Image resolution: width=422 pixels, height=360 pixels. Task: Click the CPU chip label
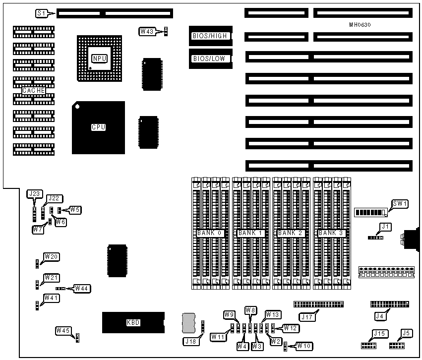pos(98,127)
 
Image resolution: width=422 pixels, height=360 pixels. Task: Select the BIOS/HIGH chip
pos(210,35)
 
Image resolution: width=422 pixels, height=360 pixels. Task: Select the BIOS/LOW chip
pos(210,59)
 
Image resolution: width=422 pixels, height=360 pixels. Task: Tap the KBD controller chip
pos(133,322)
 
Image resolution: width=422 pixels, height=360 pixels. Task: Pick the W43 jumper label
pos(147,32)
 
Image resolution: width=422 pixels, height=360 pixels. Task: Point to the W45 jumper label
pos(62,330)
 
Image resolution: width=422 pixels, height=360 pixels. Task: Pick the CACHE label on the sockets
pos(34,91)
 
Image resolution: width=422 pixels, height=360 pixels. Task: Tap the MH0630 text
pos(361,25)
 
